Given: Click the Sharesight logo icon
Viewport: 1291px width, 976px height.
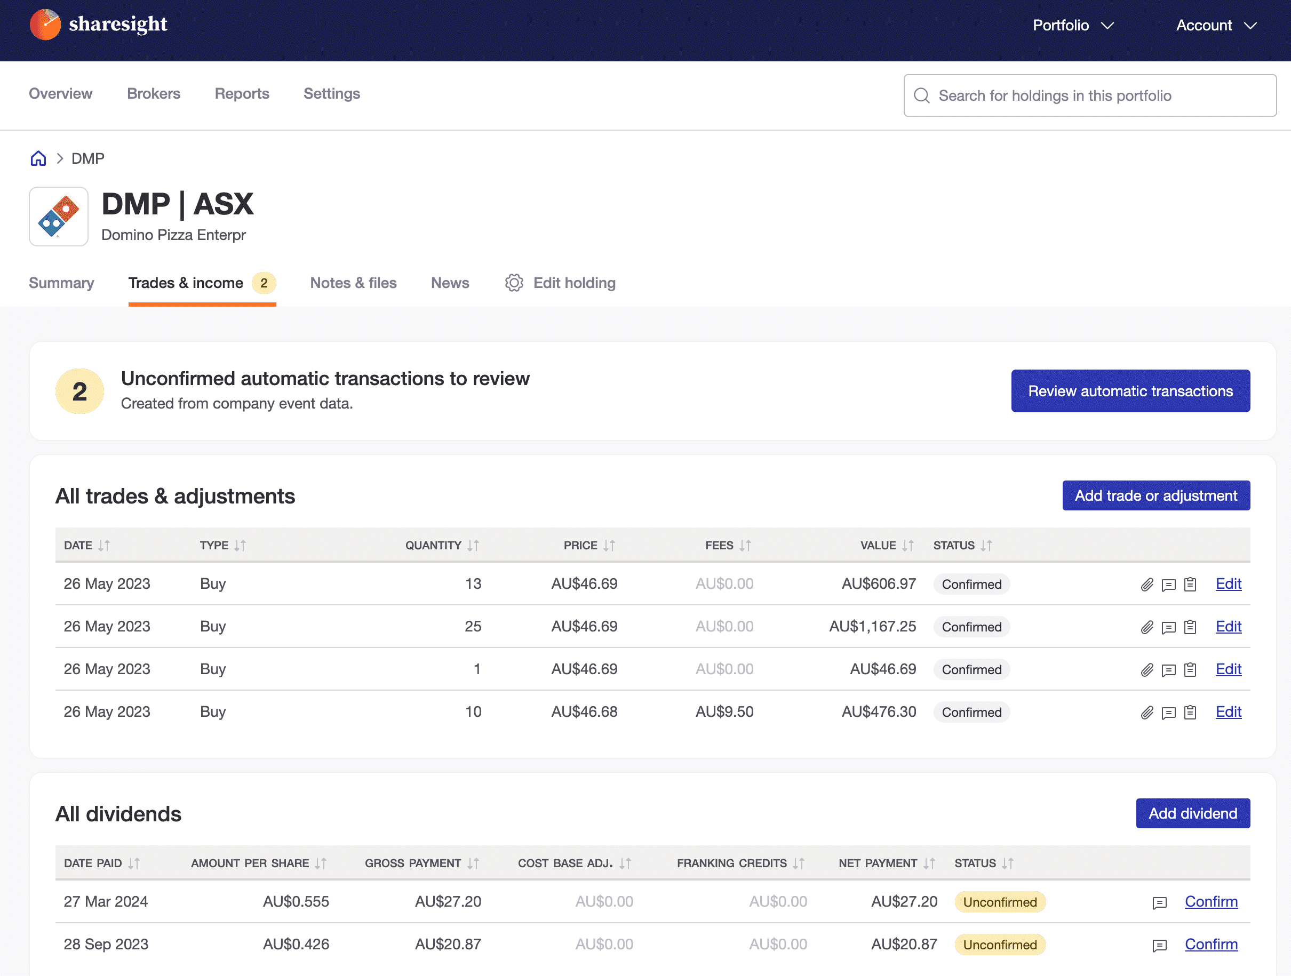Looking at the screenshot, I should (45, 25).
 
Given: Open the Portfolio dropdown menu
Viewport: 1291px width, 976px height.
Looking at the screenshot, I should (1073, 26).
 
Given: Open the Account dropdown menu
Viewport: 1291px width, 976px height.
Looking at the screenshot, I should (1216, 26).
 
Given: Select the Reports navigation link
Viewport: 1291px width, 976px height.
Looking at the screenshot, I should (242, 94).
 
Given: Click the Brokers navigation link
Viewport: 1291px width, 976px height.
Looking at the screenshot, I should (154, 94).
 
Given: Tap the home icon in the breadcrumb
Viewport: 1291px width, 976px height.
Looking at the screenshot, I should (38, 159).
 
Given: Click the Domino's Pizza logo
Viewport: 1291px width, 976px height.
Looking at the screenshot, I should (59, 217).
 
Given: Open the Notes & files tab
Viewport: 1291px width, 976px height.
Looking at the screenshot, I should (353, 283).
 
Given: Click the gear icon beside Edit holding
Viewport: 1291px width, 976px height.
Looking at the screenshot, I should (514, 283).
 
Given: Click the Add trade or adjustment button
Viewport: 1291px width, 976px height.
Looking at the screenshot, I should (1155, 495).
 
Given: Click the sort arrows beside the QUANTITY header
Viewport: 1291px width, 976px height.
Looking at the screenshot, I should (473, 546).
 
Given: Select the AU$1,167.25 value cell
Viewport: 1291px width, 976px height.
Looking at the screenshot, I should (873, 627).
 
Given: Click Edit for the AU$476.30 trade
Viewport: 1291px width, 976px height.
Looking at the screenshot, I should (1228, 711).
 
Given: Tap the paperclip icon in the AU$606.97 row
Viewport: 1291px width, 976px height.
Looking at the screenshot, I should (1147, 585).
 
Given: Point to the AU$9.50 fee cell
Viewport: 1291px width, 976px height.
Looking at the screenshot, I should (724, 711).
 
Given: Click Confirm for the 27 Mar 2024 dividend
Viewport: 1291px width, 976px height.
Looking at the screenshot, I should (1210, 902).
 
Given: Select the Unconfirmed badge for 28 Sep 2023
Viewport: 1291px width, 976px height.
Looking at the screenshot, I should (1000, 945).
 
